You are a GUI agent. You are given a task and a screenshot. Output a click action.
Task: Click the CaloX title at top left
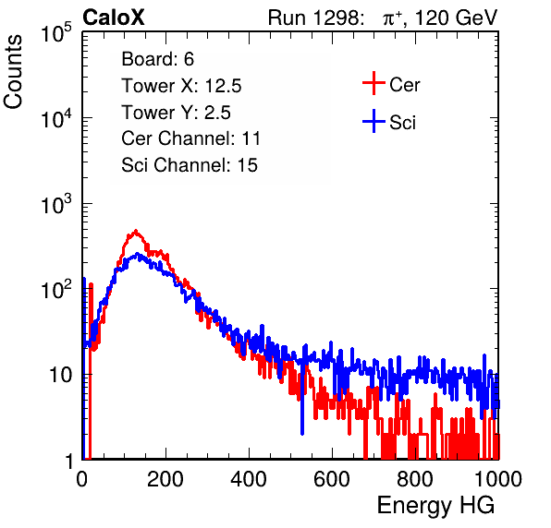(x=114, y=18)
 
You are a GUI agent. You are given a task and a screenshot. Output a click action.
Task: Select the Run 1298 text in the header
(x=315, y=18)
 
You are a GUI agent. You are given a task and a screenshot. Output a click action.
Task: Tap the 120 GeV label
(x=456, y=18)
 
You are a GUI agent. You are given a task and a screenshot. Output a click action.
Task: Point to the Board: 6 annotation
(x=157, y=59)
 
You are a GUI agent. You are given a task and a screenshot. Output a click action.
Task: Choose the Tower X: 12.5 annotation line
(x=181, y=86)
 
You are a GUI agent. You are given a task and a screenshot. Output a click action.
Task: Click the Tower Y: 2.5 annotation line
(x=176, y=113)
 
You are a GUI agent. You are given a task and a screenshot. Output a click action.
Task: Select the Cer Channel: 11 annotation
(x=190, y=138)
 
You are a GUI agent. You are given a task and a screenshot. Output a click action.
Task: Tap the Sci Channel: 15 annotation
(x=190, y=165)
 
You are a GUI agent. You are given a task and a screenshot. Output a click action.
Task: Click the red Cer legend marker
(x=373, y=83)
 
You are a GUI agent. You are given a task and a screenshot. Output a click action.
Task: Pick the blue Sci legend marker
(x=373, y=122)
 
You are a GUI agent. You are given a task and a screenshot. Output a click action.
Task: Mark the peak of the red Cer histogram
(x=136, y=231)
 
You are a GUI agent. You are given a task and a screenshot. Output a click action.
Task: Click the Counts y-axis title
(x=13, y=72)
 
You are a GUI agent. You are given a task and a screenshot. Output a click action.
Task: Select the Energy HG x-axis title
(x=435, y=505)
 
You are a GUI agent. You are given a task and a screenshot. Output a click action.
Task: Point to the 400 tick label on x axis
(x=249, y=479)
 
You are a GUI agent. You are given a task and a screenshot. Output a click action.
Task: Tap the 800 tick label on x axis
(x=415, y=479)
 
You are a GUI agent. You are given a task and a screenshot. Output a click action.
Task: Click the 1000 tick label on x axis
(x=498, y=479)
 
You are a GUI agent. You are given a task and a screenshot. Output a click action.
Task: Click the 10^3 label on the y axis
(x=56, y=204)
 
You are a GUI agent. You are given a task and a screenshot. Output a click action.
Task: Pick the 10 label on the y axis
(x=60, y=375)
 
